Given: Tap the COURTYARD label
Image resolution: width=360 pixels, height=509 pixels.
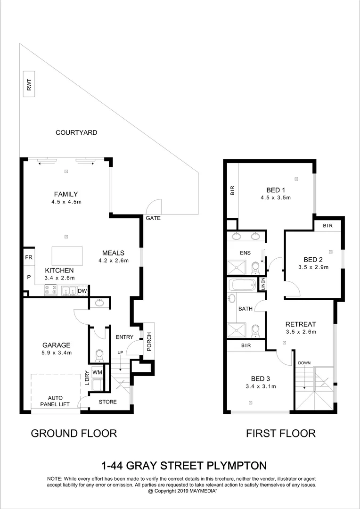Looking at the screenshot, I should (x=76, y=133).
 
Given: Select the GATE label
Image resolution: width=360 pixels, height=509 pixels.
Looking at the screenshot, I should (x=153, y=219).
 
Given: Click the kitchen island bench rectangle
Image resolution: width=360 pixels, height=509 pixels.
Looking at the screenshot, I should (x=67, y=256).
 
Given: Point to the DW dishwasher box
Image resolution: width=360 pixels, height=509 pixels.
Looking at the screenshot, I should (x=82, y=291).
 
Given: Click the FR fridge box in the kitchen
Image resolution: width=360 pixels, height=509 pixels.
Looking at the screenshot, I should (x=28, y=258).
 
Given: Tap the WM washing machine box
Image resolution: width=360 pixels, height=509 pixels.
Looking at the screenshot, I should (x=97, y=372).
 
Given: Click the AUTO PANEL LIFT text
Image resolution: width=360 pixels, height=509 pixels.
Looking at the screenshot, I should (x=55, y=401).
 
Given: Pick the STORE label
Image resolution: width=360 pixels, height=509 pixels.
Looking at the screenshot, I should (x=107, y=402).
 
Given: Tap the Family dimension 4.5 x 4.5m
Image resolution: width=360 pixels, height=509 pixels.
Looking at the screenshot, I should (x=65, y=202).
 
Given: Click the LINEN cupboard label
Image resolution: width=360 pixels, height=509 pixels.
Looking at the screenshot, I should (x=263, y=284).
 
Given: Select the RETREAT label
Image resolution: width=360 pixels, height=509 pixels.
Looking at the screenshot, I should (x=300, y=324).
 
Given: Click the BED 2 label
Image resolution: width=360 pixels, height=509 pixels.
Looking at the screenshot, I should (x=313, y=260).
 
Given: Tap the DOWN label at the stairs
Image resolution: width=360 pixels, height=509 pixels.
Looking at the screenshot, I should (x=304, y=363).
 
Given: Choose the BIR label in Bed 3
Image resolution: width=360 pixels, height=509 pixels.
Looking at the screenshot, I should (x=245, y=345).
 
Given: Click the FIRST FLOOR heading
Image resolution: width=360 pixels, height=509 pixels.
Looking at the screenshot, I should (x=280, y=433).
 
